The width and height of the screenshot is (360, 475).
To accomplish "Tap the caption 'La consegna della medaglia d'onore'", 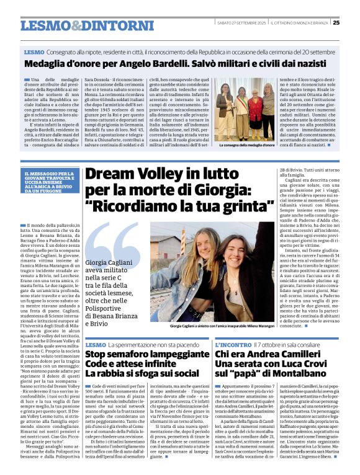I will [246, 144].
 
